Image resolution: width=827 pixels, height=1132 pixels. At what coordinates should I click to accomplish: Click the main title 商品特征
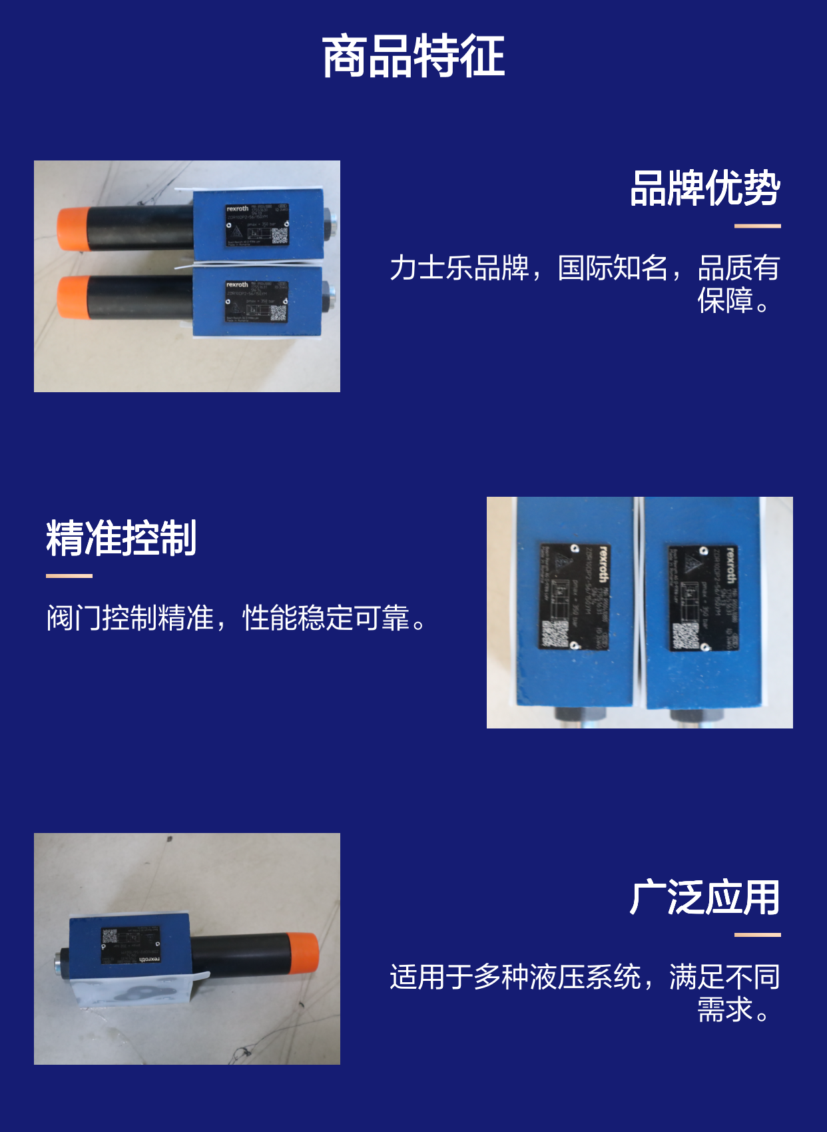pyautogui.click(x=413, y=57)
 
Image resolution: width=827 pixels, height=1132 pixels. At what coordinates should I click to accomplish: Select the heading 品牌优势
pyautogui.click(x=704, y=188)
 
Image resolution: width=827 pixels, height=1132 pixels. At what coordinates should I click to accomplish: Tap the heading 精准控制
pyautogui.click(x=121, y=538)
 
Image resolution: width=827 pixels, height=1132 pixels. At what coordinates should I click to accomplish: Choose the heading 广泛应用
pyautogui.click(x=704, y=898)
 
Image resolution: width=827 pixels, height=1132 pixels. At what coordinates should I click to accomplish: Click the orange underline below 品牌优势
pyautogui.click(x=757, y=226)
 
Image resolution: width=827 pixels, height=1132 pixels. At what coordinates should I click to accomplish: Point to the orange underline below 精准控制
pyautogui.click(x=69, y=576)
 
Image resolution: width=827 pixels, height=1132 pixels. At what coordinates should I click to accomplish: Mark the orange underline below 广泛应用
pyautogui.click(x=757, y=935)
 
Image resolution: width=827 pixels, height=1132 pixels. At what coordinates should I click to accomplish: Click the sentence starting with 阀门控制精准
pyautogui.click(x=237, y=618)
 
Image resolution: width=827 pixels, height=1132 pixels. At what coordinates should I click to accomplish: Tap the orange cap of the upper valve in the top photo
pyautogui.click(x=72, y=229)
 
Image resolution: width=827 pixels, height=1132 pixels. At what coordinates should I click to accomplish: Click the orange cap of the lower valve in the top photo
pyautogui.click(x=72, y=297)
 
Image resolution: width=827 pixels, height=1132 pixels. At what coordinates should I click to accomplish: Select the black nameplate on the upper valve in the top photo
pyautogui.click(x=256, y=225)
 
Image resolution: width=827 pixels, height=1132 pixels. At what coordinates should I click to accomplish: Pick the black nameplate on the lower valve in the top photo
pyautogui.click(x=256, y=302)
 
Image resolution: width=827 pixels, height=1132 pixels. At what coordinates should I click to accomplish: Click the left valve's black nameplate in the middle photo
pyautogui.click(x=574, y=596)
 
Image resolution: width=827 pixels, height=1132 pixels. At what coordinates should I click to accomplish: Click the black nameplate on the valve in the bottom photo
pyautogui.click(x=131, y=945)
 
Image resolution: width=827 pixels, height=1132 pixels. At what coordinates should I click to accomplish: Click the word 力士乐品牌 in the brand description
pyautogui.click(x=459, y=268)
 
